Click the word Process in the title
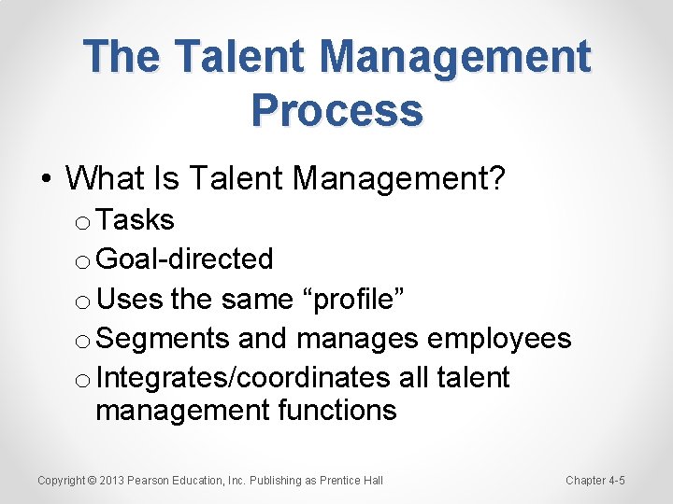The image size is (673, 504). [x=336, y=110]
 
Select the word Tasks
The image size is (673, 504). [x=136, y=220]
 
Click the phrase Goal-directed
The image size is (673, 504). [x=184, y=259]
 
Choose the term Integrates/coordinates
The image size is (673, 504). [x=243, y=377]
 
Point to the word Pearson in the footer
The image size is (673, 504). [x=150, y=481]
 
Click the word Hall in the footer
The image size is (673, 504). [x=372, y=481]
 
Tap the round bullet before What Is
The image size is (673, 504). [x=46, y=177]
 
